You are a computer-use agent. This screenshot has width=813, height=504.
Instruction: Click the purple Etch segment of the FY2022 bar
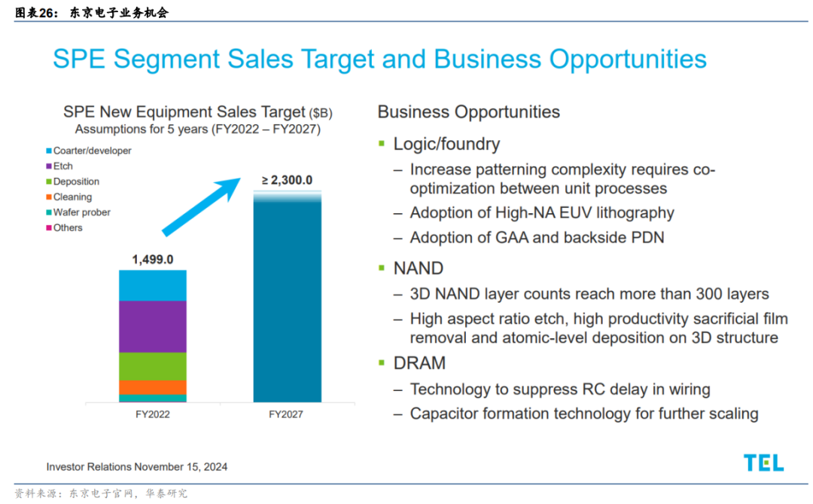(x=153, y=326)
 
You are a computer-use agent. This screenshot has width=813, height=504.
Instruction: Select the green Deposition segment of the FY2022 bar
(x=153, y=366)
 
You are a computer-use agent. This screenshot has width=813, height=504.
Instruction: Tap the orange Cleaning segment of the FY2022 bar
(x=153, y=387)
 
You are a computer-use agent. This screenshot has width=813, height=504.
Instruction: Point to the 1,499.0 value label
(x=153, y=260)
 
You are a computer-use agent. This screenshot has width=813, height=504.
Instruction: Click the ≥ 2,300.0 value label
(x=287, y=180)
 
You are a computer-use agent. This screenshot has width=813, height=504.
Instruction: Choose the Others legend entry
(x=68, y=228)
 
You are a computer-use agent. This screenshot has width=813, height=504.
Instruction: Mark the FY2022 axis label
(x=153, y=415)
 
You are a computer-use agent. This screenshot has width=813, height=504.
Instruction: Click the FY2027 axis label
(x=287, y=415)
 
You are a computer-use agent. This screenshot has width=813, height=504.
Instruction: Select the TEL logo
(x=763, y=463)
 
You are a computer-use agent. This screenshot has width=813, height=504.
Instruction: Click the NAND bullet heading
(x=419, y=268)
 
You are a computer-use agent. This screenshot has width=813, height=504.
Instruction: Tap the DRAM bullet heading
(x=419, y=363)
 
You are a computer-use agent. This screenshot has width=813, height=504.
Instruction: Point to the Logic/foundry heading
(x=446, y=144)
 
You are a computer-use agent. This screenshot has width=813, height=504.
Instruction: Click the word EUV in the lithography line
(x=576, y=213)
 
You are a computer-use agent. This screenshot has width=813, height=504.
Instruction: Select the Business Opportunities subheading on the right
(x=468, y=112)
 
